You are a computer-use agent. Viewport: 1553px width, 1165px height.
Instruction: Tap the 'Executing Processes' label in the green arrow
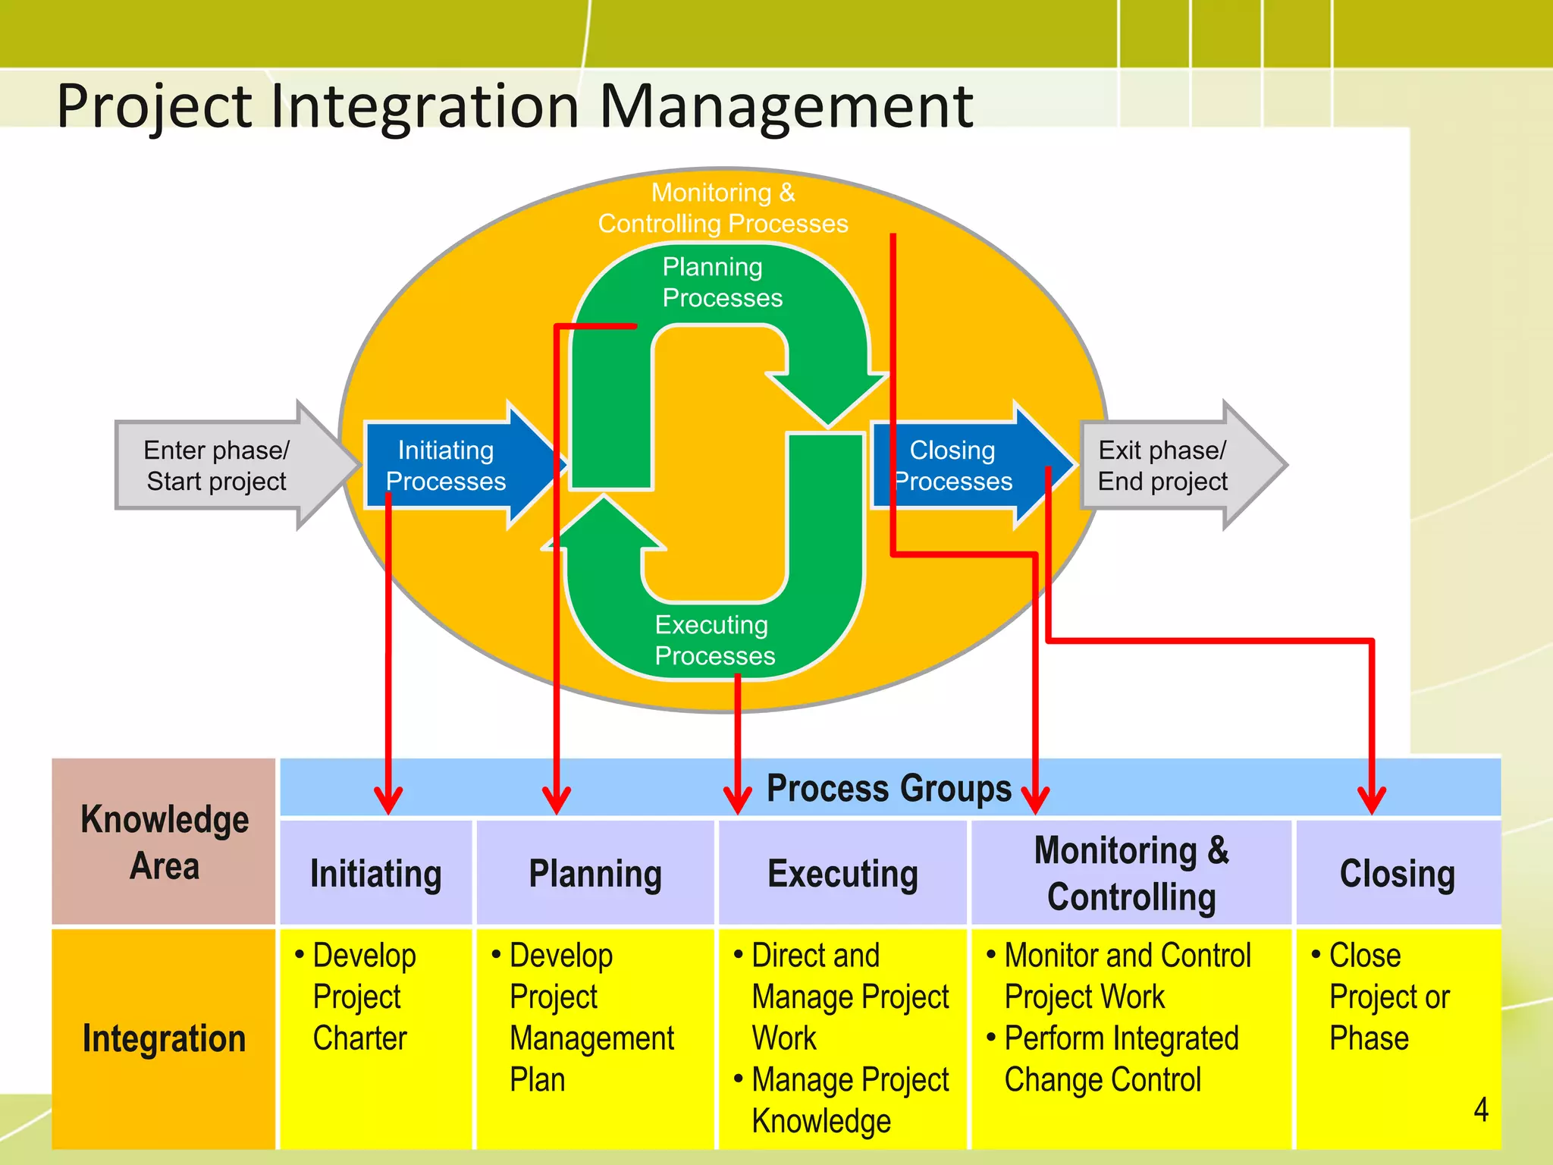714,639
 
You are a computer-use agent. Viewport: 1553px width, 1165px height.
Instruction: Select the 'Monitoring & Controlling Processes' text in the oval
722,208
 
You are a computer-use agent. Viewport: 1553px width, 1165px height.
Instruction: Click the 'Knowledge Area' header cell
164,842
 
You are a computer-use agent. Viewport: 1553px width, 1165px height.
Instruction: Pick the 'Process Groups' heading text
889,787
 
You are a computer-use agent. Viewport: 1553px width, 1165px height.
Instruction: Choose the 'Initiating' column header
376,873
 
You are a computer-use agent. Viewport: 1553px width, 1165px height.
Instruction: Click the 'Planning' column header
595,873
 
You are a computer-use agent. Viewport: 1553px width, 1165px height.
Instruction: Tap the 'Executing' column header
842,873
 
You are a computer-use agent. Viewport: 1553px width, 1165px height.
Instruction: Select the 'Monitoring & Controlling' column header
1131,873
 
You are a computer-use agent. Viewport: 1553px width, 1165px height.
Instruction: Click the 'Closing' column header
1398,873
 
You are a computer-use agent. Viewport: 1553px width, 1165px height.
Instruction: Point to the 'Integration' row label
164,1038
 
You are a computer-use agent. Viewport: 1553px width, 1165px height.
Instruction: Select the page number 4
1480,1110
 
